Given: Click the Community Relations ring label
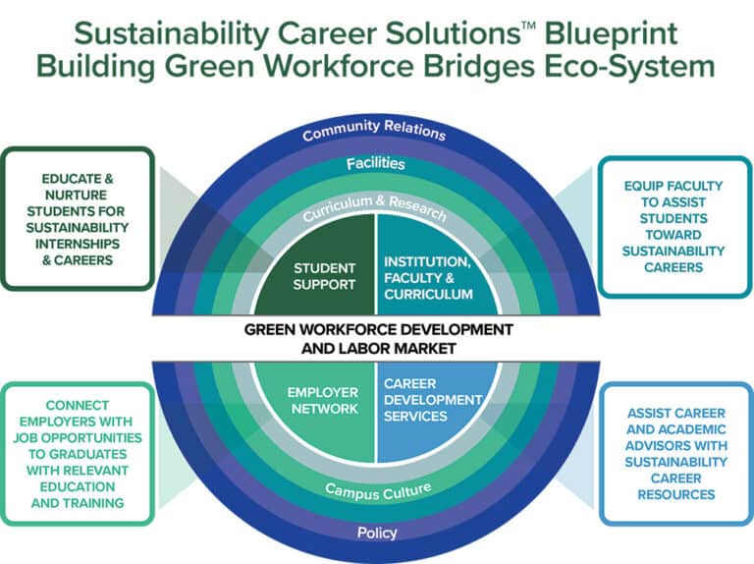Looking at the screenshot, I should [374, 132].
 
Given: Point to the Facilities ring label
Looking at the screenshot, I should [375, 162].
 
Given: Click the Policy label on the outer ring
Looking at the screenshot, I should [377, 534].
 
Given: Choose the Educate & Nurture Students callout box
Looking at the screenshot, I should [78, 219].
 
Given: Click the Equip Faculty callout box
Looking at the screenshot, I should [673, 225].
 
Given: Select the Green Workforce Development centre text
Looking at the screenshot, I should [378, 337].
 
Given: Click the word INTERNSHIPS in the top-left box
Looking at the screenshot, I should [79, 244].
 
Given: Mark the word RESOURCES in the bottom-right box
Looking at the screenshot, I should [674, 494].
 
